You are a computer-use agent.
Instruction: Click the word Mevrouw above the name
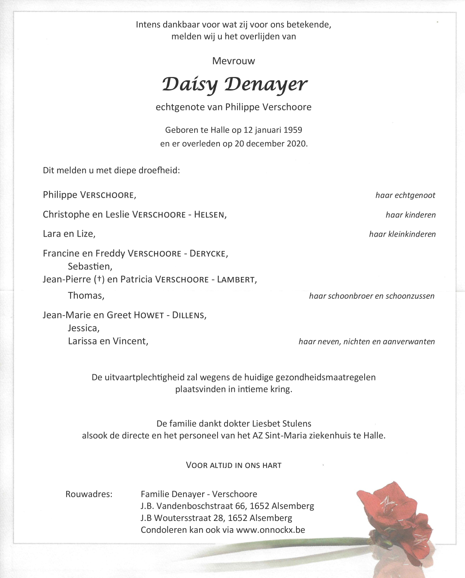233,61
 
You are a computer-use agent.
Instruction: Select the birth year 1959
293,130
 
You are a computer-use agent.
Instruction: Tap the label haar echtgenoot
405,195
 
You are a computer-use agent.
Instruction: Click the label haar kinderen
411,215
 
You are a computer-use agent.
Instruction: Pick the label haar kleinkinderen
402,234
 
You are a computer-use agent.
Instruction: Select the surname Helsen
209,215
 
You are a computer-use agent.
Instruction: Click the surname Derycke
208,254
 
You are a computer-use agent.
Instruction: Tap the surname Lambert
236,280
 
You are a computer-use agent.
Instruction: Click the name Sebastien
90,266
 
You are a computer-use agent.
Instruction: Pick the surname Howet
149,315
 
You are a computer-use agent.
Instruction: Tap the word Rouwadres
89,494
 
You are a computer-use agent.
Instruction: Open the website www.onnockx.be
270,530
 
